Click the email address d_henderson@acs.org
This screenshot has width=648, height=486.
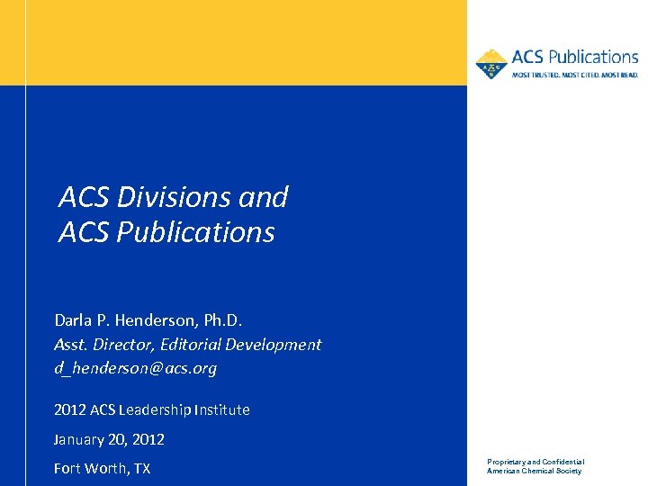tap(135, 368)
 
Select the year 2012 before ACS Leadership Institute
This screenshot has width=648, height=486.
tap(70, 410)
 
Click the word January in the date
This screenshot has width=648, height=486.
tap(80, 440)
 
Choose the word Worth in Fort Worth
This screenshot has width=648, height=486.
tap(110, 469)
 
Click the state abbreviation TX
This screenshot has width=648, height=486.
tap(141, 469)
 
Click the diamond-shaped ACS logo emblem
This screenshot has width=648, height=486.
tap(491, 64)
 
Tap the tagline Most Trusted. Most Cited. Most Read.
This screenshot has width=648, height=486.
tap(575, 75)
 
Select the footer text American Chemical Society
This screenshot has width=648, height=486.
tap(535, 472)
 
